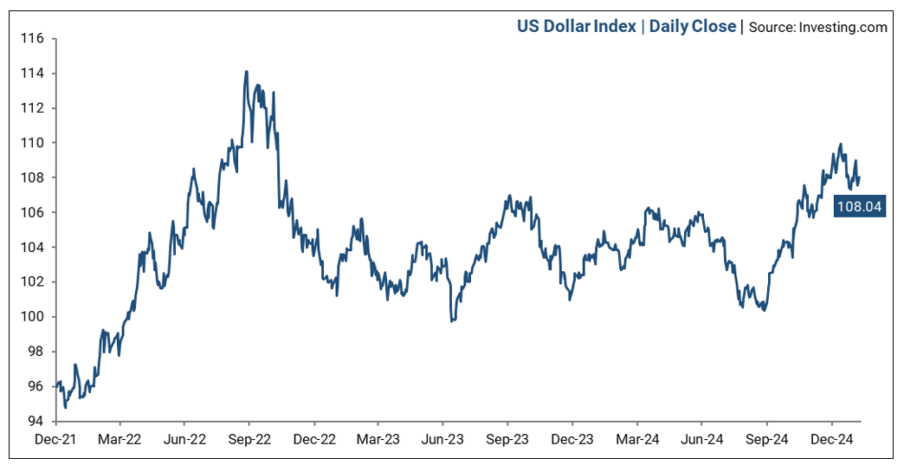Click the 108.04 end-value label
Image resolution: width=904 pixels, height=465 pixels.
pos(859,207)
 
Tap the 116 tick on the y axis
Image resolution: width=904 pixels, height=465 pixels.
pos(33,39)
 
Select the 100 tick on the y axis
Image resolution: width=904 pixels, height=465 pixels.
pos(33,317)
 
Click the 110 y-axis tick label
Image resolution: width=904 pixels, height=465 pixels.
pos(33,143)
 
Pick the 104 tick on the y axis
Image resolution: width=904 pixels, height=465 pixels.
pos(33,247)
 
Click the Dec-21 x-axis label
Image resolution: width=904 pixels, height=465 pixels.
pos(56,440)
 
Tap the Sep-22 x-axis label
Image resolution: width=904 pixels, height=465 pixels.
pos(249,440)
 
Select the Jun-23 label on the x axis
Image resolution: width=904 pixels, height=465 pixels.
pos(442,440)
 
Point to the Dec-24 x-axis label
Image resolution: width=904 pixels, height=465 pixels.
pos(832,440)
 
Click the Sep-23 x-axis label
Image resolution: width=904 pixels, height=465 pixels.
pos(507,440)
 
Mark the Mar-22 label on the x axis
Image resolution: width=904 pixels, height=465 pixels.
pos(120,440)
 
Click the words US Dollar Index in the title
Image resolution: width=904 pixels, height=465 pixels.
pos(576,27)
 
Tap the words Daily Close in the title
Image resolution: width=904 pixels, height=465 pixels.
pos(693,27)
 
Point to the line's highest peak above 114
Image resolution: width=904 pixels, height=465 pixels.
pos(247,72)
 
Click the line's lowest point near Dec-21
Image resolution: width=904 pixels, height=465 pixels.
pos(65,407)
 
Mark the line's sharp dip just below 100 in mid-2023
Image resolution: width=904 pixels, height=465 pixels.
pos(452,321)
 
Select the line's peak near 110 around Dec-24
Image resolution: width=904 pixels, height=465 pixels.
pos(840,145)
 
